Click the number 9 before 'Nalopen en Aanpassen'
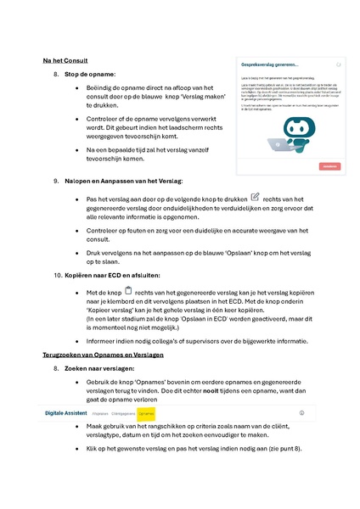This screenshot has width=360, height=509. point(56,181)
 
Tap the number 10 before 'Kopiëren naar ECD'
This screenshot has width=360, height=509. point(58,276)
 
